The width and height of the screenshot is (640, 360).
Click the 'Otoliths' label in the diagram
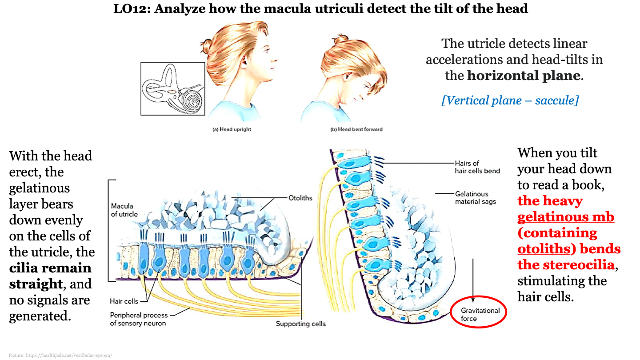coord(300,198)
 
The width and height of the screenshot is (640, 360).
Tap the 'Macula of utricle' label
coord(124,210)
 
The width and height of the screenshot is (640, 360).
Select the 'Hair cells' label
coord(124,301)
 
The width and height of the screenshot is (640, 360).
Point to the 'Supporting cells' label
coord(300,324)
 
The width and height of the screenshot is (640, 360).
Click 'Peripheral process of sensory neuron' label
coord(138,319)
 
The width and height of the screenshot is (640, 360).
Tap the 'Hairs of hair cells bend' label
coord(477,167)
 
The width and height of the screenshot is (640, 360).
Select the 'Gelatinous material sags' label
coord(475,198)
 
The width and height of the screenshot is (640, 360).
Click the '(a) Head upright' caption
coord(232,129)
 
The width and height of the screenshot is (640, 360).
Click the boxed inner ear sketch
coord(172,89)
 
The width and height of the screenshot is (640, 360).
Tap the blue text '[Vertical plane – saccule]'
coord(510,100)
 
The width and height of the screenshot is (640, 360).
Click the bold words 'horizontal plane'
coord(524,76)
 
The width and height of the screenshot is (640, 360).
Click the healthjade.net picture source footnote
coord(60,355)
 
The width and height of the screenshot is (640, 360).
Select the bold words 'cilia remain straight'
coord(50,276)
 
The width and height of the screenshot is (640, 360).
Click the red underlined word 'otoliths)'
coord(544,249)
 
